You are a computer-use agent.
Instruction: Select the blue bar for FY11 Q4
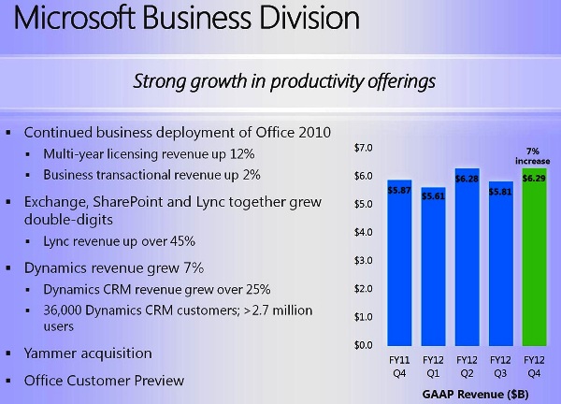tap(399, 271)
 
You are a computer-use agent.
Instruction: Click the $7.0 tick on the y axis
tap(364, 148)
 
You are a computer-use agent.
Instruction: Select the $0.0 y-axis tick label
tap(364, 345)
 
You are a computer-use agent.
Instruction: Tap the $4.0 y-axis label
tap(364, 232)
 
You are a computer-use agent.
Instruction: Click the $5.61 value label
tap(433, 195)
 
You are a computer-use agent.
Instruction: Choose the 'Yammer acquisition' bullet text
tap(88, 353)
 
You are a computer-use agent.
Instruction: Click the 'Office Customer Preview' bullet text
tap(104, 381)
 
